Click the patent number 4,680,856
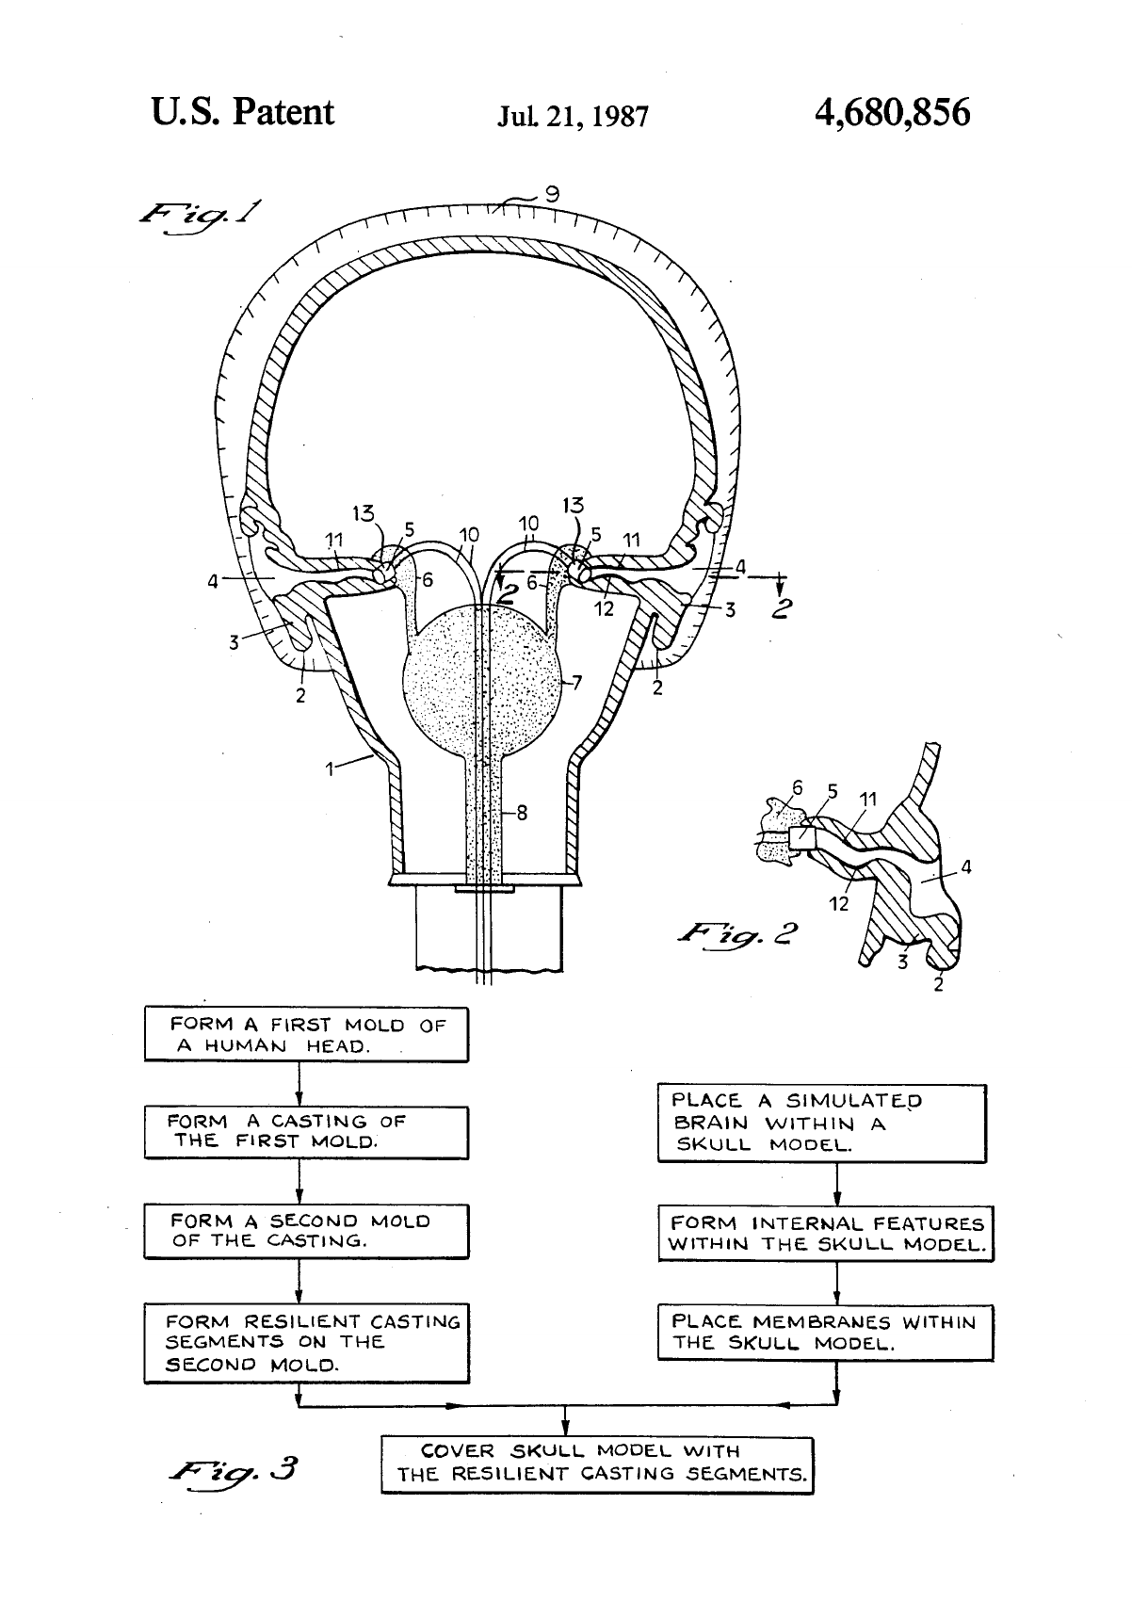click(892, 113)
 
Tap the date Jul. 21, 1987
click(573, 117)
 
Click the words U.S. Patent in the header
click(242, 112)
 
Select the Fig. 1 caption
click(200, 217)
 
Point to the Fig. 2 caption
click(737, 933)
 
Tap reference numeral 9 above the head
click(552, 194)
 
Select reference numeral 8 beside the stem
click(522, 813)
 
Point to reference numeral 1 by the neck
click(330, 769)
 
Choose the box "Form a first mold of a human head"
click(307, 1034)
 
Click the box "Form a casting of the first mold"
click(307, 1132)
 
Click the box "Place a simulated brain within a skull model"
click(822, 1124)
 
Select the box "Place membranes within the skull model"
click(825, 1333)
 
